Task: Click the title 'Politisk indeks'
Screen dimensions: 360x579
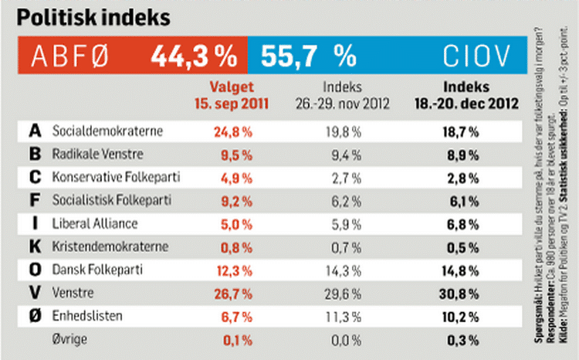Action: (93, 16)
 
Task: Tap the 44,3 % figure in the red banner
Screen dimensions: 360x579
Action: (194, 56)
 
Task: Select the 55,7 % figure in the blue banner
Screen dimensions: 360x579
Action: (308, 56)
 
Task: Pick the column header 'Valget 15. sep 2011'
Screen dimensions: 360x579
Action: (232, 94)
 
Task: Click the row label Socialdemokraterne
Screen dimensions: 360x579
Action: (107, 131)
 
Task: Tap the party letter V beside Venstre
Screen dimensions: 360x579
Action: (34, 293)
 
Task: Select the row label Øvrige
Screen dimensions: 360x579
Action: (69, 339)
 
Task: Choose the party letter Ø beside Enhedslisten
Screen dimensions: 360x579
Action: (34, 316)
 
